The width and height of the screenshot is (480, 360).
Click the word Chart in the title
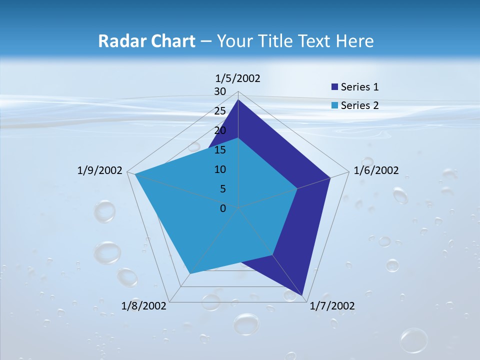tap(171, 41)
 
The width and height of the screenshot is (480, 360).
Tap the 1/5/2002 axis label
tap(237, 78)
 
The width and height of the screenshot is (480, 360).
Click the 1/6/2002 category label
tap(376, 170)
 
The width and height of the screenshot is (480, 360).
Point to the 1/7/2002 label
tap(332, 306)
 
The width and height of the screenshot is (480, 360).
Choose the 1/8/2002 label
tap(144, 306)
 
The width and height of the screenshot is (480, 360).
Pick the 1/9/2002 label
tap(100, 170)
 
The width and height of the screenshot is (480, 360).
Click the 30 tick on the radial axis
tap(220, 91)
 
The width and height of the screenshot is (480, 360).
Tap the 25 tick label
tap(220, 111)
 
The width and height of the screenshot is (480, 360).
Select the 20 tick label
tap(220, 130)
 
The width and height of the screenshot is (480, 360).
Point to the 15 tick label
tap(220, 150)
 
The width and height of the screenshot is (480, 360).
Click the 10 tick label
tap(220, 169)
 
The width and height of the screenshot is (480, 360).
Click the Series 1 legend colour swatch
tap(334, 87)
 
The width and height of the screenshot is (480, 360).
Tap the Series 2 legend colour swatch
tap(334, 105)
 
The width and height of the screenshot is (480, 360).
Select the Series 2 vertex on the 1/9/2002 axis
tap(135, 174)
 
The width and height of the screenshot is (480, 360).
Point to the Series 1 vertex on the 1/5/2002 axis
tap(238, 99)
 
